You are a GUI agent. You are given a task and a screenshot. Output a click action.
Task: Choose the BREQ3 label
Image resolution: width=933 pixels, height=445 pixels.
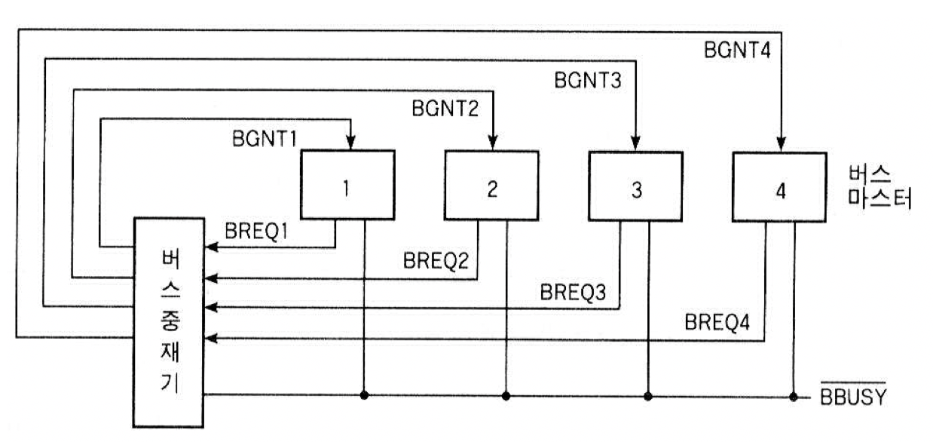[x=574, y=293]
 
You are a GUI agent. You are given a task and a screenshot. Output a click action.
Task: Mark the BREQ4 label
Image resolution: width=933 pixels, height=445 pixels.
[x=718, y=323]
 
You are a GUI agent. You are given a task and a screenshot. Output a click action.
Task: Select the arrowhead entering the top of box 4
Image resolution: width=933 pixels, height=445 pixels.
[x=780, y=144]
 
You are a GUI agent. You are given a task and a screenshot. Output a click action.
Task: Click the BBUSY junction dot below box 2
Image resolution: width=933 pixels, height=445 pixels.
[x=506, y=394]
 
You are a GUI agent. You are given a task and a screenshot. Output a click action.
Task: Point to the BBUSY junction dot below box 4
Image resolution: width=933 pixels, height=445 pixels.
[x=794, y=394]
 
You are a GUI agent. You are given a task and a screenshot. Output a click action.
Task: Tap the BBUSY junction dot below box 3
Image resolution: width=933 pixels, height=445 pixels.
[x=649, y=394]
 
